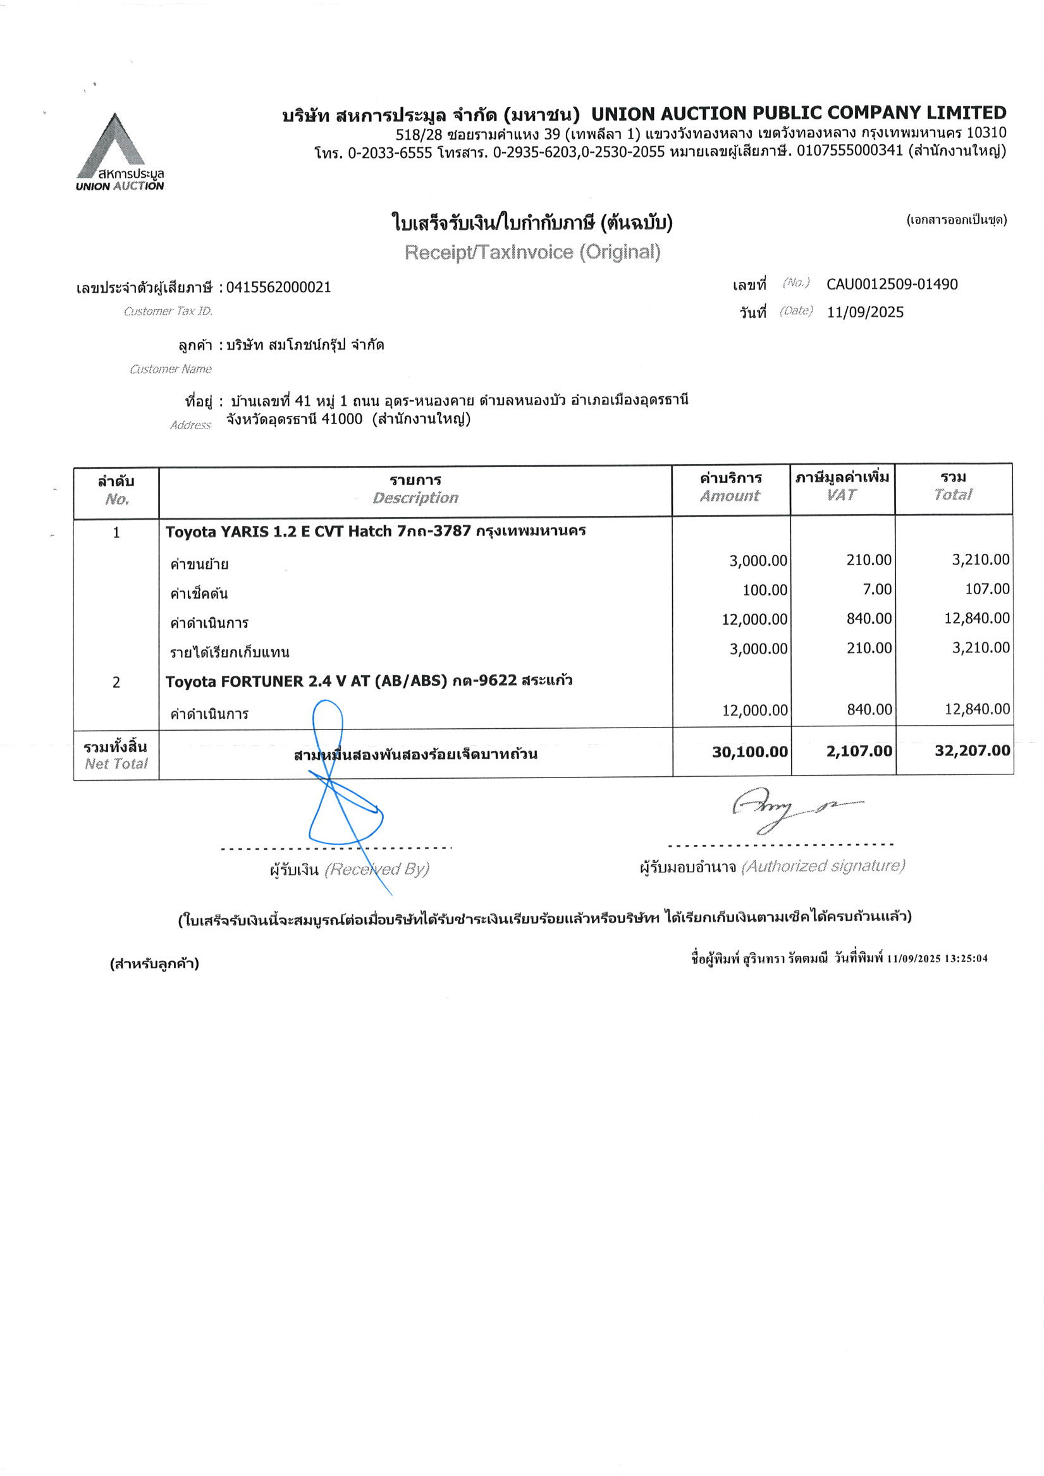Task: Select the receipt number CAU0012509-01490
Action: [x=892, y=284]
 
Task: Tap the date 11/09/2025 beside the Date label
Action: [x=864, y=312]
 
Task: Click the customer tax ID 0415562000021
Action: [x=278, y=288]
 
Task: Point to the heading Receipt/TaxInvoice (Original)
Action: [x=532, y=252]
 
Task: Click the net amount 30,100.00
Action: [x=749, y=752]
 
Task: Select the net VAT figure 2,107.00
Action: [x=859, y=751]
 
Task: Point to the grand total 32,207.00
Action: [x=972, y=750]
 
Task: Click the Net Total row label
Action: [x=116, y=755]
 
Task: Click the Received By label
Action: [x=376, y=869]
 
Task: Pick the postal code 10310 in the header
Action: [x=985, y=133]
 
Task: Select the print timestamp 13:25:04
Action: [x=966, y=958]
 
